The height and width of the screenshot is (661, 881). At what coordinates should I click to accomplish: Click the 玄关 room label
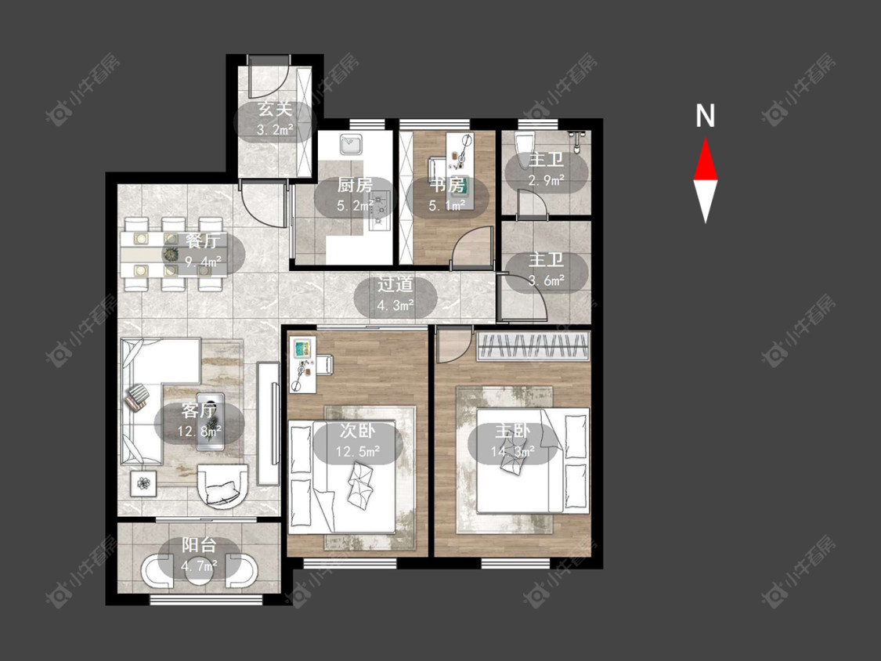coord(276,109)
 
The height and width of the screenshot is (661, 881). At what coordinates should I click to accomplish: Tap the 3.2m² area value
coord(276,130)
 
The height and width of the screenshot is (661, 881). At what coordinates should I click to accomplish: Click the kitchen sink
coord(352,144)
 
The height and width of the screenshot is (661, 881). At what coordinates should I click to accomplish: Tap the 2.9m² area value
coord(546,180)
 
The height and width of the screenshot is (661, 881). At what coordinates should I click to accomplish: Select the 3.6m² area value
coord(546,280)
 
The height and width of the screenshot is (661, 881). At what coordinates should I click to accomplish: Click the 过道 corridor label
coord(395,284)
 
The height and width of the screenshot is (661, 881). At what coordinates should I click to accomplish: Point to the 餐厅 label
coord(203,240)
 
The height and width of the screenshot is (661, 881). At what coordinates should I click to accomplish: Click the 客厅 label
coord(199,410)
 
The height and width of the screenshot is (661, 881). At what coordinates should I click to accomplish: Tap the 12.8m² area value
coord(200,432)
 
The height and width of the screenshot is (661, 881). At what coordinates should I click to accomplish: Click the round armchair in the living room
coord(222,485)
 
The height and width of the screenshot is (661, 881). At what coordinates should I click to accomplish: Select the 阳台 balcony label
coord(199,544)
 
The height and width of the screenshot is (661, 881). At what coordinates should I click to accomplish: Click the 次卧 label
coord(357,431)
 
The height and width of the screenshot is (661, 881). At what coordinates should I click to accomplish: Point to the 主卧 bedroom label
coord(512,431)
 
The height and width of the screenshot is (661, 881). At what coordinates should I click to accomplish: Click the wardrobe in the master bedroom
coord(533,345)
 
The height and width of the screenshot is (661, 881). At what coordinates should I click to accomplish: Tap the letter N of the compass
coord(705,116)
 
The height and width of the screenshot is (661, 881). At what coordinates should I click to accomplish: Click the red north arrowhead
coord(705,160)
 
